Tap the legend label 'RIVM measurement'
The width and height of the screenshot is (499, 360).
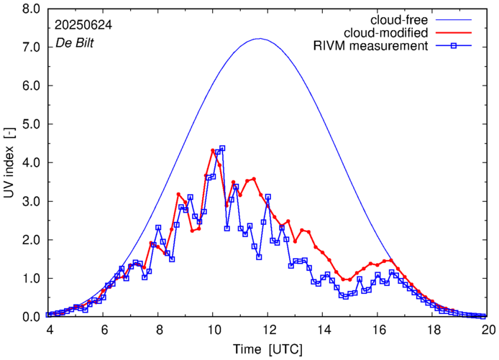(370, 47)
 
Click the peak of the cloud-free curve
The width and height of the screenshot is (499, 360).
(260, 39)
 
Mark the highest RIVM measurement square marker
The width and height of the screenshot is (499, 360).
(222, 148)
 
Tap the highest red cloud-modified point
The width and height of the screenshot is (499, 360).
(213, 151)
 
